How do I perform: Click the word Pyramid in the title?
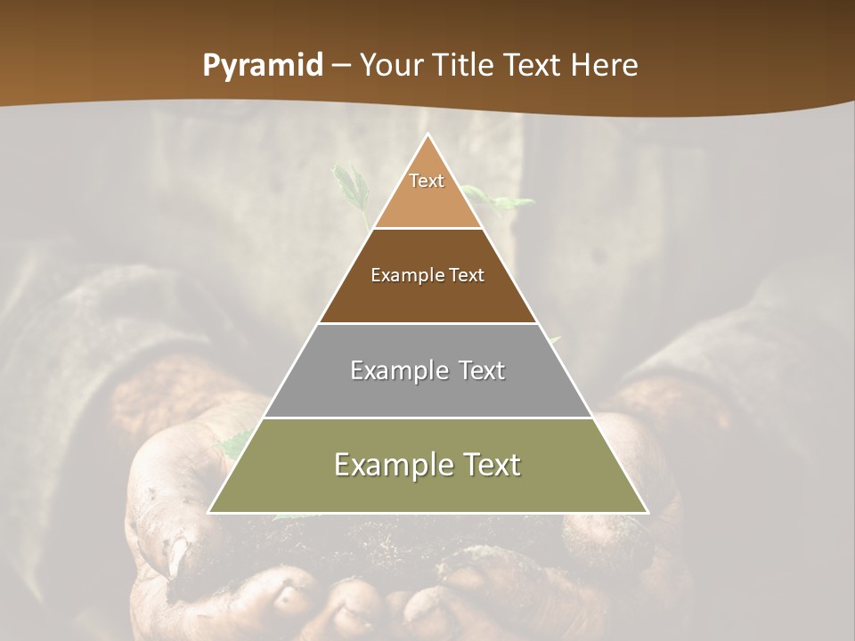[262, 66]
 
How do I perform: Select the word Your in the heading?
[392, 65]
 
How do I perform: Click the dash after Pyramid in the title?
[340, 66]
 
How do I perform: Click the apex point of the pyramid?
[428, 135]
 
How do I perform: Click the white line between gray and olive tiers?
[427, 418]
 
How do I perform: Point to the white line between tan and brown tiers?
[427, 228]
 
